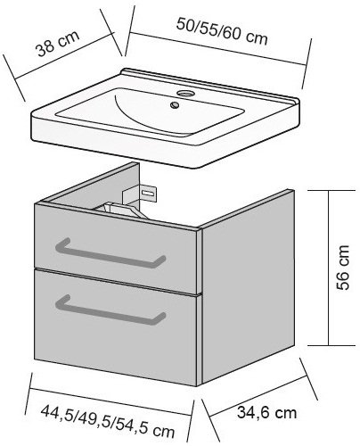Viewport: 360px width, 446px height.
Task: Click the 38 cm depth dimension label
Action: click(x=58, y=43)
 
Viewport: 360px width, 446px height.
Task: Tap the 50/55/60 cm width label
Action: click(x=222, y=31)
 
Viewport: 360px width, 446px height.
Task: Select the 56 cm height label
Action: click(x=343, y=268)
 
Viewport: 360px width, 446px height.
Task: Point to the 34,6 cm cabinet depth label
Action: click(x=267, y=413)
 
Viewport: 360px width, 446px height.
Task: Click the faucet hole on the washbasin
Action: click(x=185, y=94)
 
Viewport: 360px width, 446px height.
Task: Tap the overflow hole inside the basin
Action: click(x=175, y=104)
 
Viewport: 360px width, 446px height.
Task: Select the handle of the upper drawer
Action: click(x=110, y=252)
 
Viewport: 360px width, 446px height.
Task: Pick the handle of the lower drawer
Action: click(x=110, y=310)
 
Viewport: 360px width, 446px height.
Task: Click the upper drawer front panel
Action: click(x=115, y=250)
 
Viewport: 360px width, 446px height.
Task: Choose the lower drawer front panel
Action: click(x=115, y=327)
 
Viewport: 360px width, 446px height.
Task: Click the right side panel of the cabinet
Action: click(x=248, y=287)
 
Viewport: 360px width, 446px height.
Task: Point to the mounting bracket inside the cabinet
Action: click(x=140, y=194)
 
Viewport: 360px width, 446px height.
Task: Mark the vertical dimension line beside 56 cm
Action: click(x=329, y=268)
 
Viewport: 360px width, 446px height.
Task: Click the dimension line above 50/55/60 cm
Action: click(x=218, y=49)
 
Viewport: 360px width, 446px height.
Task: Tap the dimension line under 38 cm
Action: click(x=64, y=56)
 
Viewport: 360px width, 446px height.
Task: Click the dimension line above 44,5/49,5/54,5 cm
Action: click(x=110, y=401)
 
